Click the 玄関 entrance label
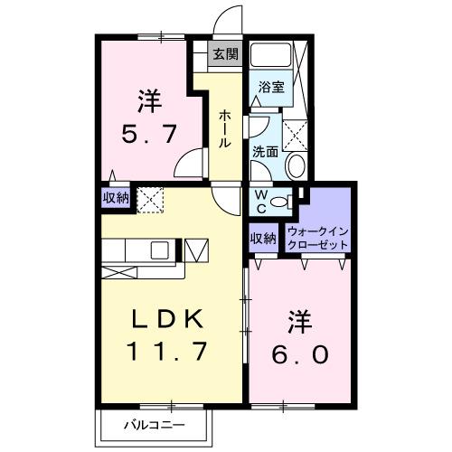tap(224, 54)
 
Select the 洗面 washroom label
tap(264, 152)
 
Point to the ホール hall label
tap(222, 128)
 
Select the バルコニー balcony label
tap(155, 424)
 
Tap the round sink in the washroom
tap(296, 166)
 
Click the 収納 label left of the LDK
tap(115, 197)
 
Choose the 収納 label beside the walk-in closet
tap(262, 239)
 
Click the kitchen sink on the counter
tap(159, 250)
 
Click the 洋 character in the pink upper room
tap(149, 97)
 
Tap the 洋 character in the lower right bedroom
tap(300, 320)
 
